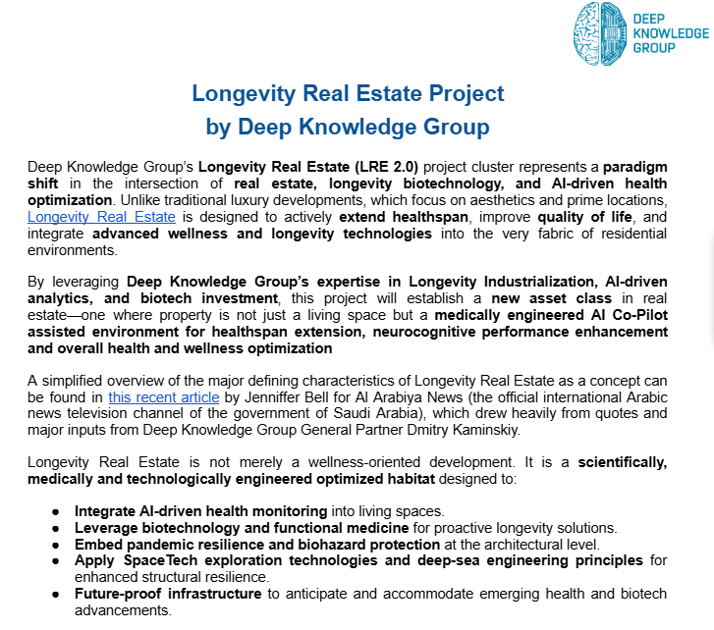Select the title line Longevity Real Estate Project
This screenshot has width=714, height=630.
(348, 94)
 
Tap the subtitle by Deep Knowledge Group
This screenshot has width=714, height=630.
(348, 128)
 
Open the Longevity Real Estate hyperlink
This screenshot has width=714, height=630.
(101, 217)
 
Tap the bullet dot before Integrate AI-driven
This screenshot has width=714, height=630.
(56, 511)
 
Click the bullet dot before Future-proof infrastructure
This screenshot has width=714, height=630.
(56, 594)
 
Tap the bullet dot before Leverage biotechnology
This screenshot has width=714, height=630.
(56, 527)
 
